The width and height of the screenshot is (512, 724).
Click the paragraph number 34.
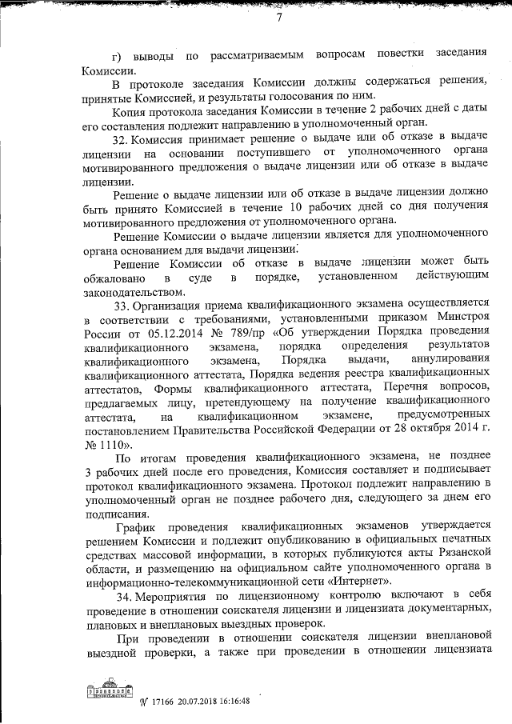pos(124,597)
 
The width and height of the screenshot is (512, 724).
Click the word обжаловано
pos(113,277)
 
